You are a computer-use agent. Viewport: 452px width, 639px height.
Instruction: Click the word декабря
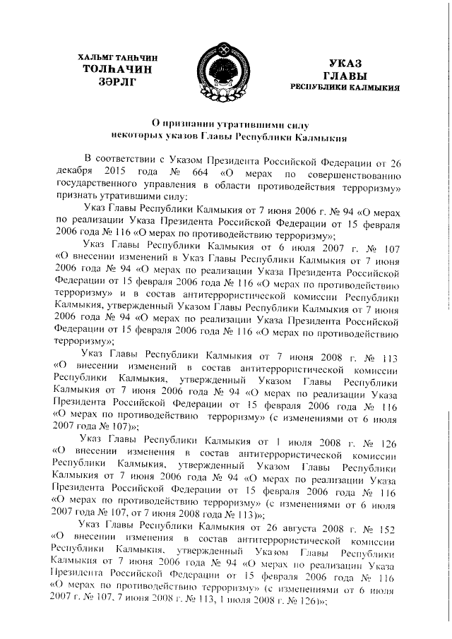coord(73,171)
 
